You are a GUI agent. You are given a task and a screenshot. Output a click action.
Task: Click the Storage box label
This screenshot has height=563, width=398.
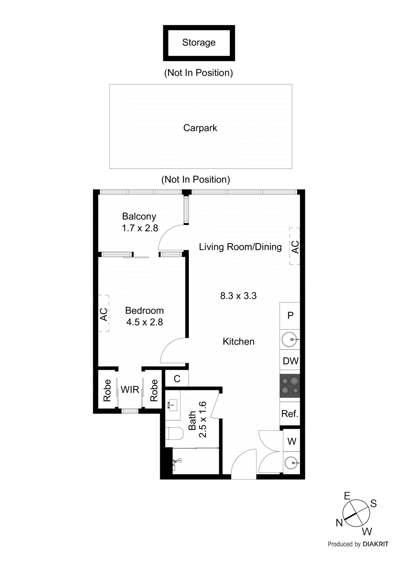pyautogui.click(x=199, y=43)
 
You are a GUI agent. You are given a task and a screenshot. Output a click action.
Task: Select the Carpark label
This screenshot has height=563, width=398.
pyautogui.click(x=200, y=128)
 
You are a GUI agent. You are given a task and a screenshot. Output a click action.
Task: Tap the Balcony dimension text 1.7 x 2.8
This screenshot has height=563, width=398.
pyautogui.click(x=140, y=228)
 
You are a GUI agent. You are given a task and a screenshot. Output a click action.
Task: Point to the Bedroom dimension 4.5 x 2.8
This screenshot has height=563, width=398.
pyautogui.click(x=145, y=322)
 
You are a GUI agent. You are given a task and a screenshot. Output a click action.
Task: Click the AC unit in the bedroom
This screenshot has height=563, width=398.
pyautogui.click(x=103, y=314)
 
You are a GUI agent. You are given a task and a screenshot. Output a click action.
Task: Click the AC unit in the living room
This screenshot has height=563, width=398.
pyautogui.click(x=295, y=246)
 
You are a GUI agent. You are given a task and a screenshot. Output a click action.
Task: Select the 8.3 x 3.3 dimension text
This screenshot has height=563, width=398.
pyautogui.click(x=238, y=296)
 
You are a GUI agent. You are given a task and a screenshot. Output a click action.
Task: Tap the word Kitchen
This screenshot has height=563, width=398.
pyautogui.click(x=239, y=342)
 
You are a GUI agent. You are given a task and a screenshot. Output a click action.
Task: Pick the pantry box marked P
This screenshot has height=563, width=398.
pyautogui.click(x=290, y=316)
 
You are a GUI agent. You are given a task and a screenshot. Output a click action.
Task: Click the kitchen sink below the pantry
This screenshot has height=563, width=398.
pyautogui.click(x=290, y=340)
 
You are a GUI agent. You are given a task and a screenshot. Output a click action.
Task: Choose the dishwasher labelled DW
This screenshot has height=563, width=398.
pyautogui.click(x=290, y=361)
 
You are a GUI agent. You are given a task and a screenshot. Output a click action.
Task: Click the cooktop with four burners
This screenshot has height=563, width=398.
pyautogui.click(x=290, y=386)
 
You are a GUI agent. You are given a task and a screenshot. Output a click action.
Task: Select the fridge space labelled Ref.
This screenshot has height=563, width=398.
pyautogui.click(x=290, y=414)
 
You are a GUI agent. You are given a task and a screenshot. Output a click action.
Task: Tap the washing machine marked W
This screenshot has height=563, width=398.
pyautogui.click(x=292, y=441)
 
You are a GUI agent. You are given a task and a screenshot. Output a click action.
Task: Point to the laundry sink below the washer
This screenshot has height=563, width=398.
pyautogui.click(x=291, y=463)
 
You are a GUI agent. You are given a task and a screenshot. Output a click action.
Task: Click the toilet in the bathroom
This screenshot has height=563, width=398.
pyautogui.click(x=175, y=434)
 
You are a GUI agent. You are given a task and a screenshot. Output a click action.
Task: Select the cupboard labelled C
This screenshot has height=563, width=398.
pyautogui.click(x=177, y=379)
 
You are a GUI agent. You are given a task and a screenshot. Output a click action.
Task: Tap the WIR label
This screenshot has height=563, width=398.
pyautogui.click(x=130, y=390)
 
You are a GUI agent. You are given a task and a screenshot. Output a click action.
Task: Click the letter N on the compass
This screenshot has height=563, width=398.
pyautogui.click(x=339, y=523)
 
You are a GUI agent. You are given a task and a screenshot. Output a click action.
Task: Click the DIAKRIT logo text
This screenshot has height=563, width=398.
pyautogui.click(x=375, y=544)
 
